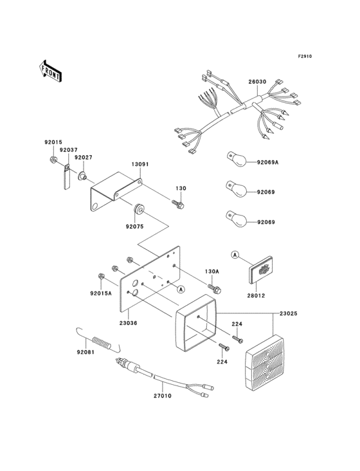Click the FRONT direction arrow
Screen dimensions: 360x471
tap(50, 71)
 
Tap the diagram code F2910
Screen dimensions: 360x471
tap(305, 56)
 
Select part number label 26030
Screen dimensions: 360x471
tap(257, 82)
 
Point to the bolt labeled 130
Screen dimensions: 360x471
tap(178, 204)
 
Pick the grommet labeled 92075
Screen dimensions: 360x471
tap(139, 209)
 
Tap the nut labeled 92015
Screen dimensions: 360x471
tap(53, 159)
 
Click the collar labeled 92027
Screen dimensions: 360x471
tap(82, 176)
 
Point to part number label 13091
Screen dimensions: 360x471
tap(140, 165)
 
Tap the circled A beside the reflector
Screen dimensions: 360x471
tap(235, 255)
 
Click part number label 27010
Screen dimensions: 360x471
tap(163, 396)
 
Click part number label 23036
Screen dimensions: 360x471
tap(128, 323)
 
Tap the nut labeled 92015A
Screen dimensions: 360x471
tap(101, 276)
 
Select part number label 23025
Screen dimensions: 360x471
tap(289, 313)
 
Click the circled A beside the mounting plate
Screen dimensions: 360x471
tap(181, 290)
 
